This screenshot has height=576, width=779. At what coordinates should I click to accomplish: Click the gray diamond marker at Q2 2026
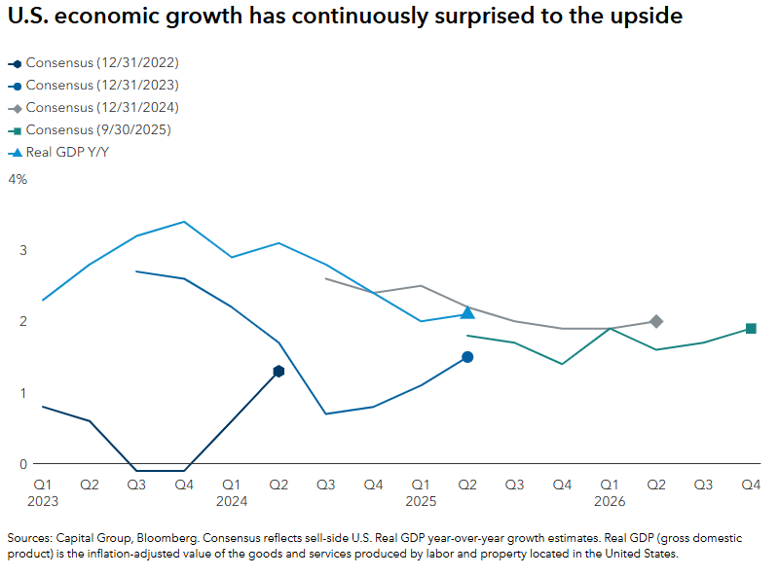tap(656, 321)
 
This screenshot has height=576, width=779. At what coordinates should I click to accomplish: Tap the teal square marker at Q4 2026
tap(751, 328)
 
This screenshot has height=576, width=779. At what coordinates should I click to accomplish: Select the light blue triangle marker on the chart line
tap(467, 312)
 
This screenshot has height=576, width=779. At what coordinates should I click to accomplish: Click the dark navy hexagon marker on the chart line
tap(278, 371)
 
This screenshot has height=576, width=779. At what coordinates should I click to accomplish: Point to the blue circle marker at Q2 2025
tap(467, 357)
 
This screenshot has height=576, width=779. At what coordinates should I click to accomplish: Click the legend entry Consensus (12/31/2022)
tap(102, 62)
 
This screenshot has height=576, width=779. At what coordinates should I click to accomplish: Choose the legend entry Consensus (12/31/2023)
tap(102, 85)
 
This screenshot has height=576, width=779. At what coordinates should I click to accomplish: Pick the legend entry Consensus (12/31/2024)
tap(102, 107)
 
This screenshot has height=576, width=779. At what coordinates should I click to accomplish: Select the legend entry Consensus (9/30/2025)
tap(99, 129)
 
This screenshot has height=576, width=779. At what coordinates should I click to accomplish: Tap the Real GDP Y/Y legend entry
tap(67, 152)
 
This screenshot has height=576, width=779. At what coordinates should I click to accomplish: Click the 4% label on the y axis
tap(18, 180)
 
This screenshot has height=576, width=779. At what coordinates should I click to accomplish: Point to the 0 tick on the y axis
tap(23, 463)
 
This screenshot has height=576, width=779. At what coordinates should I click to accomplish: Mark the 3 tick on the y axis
tap(23, 250)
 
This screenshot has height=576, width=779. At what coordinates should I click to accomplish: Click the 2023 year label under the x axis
tap(43, 501)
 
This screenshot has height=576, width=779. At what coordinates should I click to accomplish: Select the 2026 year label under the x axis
tap(610, 501)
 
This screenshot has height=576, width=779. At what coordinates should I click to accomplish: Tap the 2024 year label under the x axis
tap(232, 501)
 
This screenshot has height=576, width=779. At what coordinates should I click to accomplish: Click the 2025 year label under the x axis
tap(421, 501)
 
